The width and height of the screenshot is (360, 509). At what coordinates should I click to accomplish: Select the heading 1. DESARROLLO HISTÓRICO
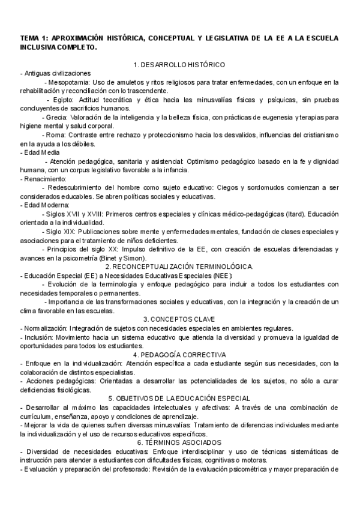click(179, 64)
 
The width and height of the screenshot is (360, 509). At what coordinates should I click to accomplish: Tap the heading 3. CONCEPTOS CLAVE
click(179, 319)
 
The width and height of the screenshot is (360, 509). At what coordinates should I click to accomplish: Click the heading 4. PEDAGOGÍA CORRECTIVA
click(179, 355)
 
